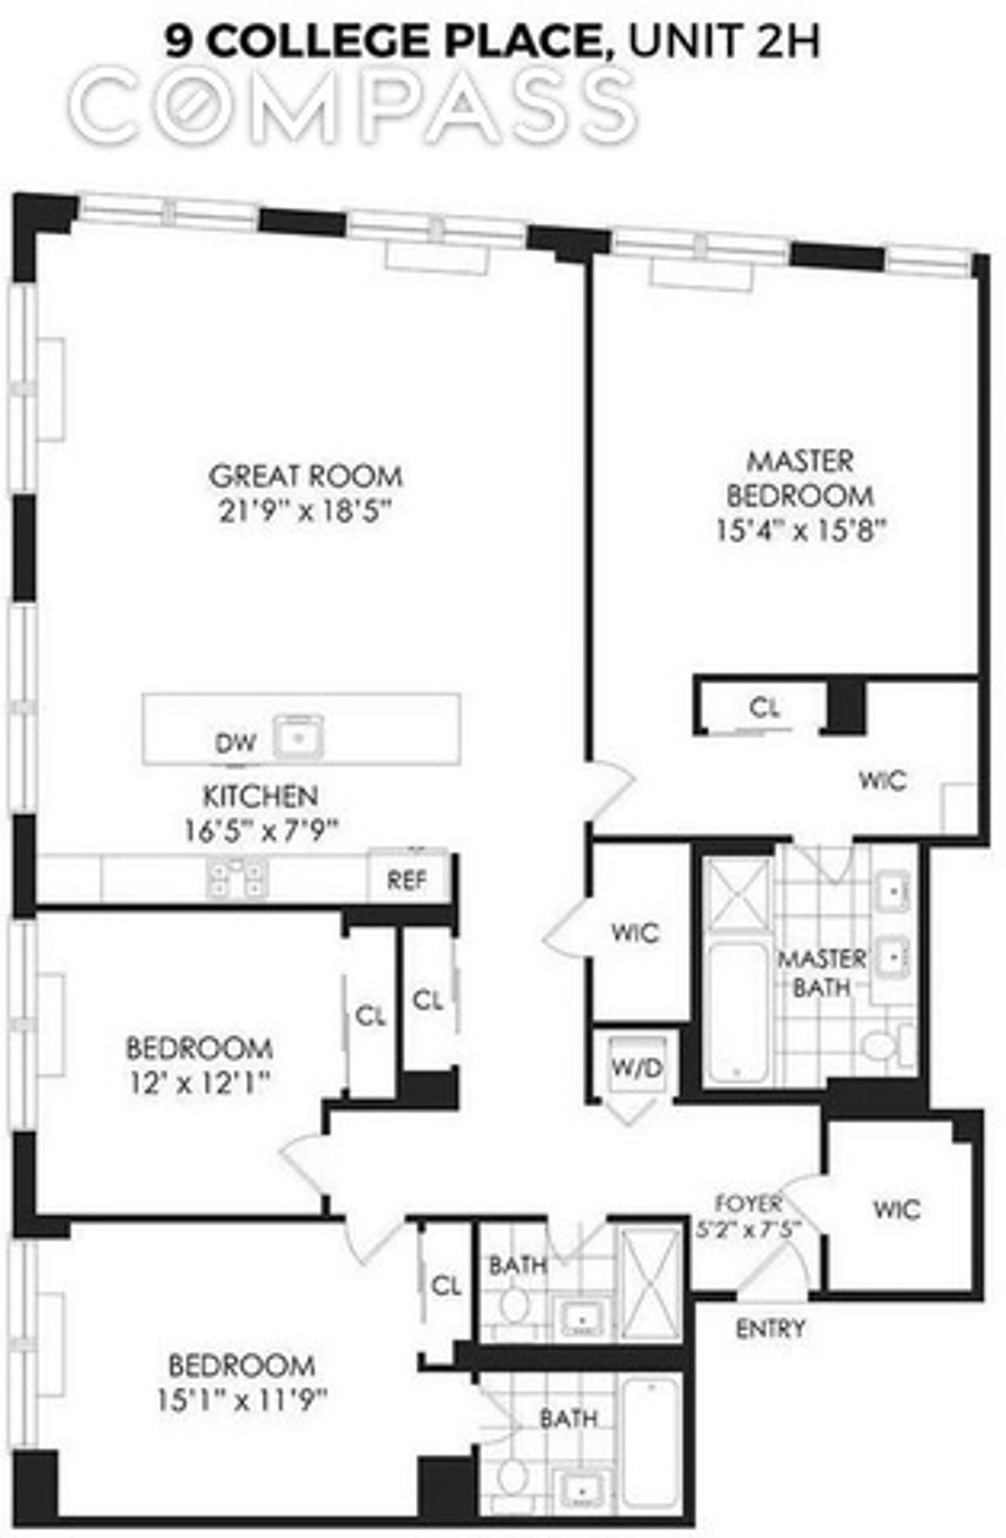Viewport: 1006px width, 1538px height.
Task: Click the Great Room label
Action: point(305,476)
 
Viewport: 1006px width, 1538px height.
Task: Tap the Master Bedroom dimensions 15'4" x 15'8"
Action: point(801,531)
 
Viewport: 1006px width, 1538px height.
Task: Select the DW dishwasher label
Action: point(236,742)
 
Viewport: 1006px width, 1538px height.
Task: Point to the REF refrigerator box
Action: point(407,880)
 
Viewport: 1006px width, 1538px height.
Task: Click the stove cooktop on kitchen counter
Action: point(237,877)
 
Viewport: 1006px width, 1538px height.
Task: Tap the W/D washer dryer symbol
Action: point(637,1067)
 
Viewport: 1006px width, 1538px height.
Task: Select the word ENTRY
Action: point(770,1328)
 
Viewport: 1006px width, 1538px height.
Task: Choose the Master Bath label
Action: point(822,973)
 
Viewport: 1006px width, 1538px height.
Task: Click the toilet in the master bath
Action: point(884,1045)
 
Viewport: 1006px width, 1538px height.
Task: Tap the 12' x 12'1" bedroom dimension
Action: point(199,1083)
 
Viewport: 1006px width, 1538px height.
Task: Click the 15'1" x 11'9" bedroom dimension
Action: point(241,1400)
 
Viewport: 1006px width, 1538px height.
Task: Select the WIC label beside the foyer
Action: point(896,1209)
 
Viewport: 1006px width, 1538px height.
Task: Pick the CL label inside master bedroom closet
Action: point(764,708)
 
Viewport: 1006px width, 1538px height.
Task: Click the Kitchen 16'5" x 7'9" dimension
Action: point(261,830)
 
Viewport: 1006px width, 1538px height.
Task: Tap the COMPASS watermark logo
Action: point(352,105)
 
